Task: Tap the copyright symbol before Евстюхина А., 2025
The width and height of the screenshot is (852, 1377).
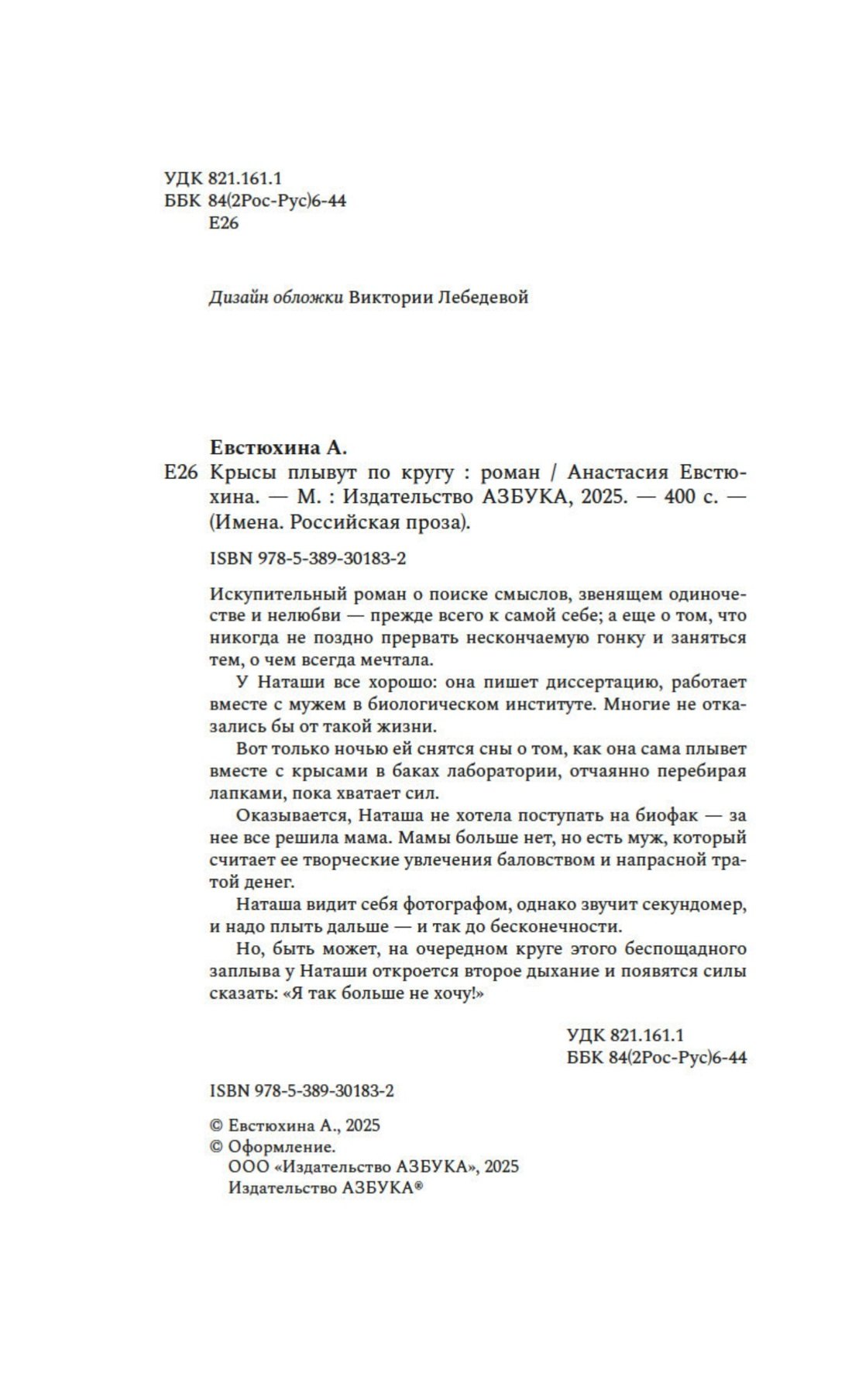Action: (x=217, y=1126)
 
